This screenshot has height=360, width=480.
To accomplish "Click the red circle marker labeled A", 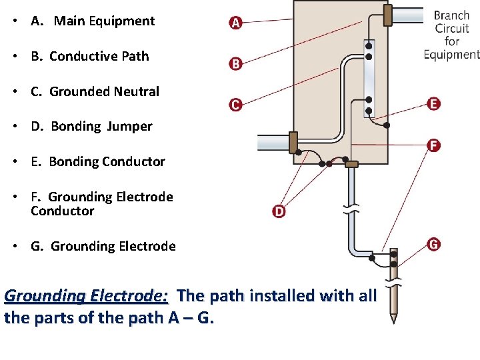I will click(x=235, y=23).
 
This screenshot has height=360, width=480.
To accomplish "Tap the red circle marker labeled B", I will click(x=235, y=64).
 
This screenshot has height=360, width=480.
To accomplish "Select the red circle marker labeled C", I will click(x=235, y=105).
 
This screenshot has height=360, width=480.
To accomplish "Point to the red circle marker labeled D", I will click(x=279, y=211).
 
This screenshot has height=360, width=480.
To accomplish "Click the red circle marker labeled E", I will click(x=434, y=103).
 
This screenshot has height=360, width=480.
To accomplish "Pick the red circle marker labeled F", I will click(x=434, y=145).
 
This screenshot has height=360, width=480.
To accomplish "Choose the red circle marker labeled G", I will click(x=434, y=245).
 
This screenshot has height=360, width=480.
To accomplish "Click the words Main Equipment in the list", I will click(x=104, y=21).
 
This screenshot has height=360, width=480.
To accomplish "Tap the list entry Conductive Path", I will click(x=99, y=56).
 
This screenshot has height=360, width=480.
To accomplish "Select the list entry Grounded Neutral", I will click(x=104, y=91).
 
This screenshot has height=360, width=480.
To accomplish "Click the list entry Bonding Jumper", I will click(x=101, y=126).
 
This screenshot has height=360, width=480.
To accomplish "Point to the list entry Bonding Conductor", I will click(x=107, y=161).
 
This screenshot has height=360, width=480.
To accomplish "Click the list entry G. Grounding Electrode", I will click(x=103, y=246).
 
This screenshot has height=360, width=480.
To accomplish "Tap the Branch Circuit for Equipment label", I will click(x=451, y=35).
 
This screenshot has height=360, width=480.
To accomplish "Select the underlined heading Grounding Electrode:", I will click(x=86, y=295).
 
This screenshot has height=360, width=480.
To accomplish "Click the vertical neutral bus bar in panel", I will click(x=369, y=79).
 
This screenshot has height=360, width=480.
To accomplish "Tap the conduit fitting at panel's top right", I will click(x=387, y=15).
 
